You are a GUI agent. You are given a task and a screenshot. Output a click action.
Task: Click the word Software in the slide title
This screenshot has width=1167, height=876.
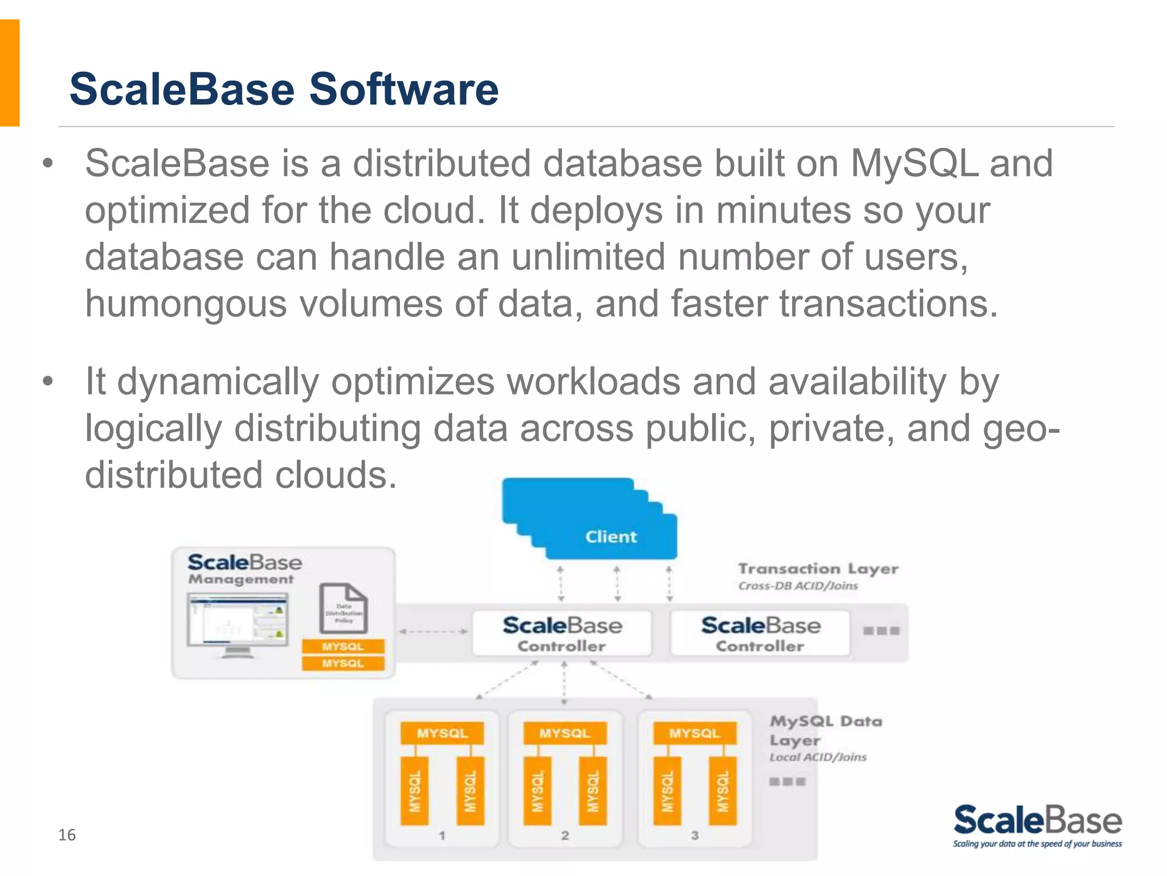tap(403, 90)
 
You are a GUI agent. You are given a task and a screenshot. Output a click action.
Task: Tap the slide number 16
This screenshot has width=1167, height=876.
tap(67, 835)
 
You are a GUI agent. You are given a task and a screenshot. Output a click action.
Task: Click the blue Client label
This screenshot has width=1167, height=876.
tap(611, 537)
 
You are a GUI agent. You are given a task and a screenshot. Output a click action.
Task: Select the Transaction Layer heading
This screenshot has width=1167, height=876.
tap(818, 569)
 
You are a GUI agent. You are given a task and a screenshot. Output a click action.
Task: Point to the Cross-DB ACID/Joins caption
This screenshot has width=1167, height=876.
tap(798, 586)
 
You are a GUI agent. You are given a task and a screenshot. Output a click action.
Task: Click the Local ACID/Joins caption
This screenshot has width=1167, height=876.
tap(818, 757)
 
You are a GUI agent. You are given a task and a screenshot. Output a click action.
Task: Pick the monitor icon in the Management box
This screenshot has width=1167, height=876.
tap(238, 624)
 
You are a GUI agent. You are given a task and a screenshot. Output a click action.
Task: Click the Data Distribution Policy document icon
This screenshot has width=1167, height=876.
tap(344, 609)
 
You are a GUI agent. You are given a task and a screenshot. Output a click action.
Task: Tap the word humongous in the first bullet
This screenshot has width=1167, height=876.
tap(186, 303)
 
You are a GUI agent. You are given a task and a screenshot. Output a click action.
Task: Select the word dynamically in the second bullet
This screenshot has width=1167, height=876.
tap(218, 382)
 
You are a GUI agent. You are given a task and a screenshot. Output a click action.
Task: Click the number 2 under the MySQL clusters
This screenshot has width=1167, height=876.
tap(565, 836)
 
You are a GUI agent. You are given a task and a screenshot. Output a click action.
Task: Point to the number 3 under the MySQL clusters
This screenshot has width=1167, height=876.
tap(695, 836)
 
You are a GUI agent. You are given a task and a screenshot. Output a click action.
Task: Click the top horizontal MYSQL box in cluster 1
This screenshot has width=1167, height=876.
tap(442, 733)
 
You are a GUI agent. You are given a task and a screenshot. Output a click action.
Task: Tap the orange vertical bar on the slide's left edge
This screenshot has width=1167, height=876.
tap(10, 73)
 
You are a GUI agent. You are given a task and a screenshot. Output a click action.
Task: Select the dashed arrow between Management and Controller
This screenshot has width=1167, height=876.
tap(433, 631)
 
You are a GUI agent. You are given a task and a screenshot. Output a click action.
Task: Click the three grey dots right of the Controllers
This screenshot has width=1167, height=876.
tap(881, 631)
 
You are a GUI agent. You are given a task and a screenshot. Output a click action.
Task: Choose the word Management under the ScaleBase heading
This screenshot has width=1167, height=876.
tap(241, 579)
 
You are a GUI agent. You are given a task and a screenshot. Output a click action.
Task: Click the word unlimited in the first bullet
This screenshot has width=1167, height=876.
tap(588, 257)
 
